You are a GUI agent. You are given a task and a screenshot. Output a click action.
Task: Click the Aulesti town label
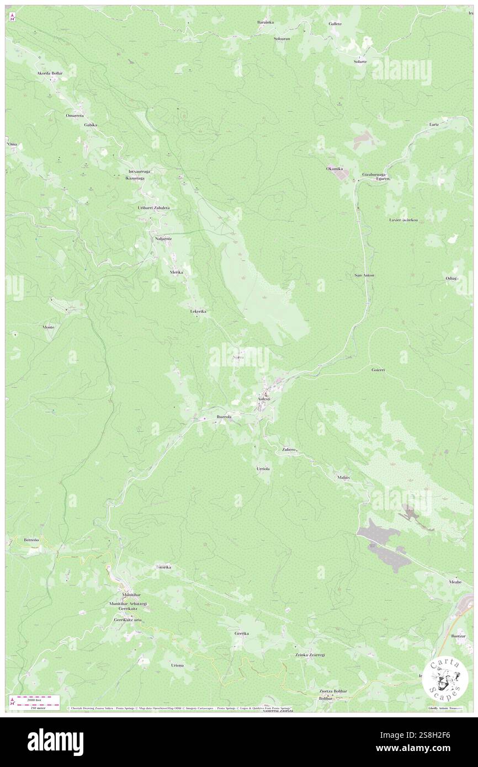pos(263,398)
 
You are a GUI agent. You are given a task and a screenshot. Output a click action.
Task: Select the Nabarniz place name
pos(163,238)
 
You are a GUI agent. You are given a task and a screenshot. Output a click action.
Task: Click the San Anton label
pos(364,275)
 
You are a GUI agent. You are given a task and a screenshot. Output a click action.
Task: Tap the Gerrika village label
pos(242,633)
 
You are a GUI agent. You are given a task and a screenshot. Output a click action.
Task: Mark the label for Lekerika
pos(198,312)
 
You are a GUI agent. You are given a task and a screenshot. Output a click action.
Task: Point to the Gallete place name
pos(335,24)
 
